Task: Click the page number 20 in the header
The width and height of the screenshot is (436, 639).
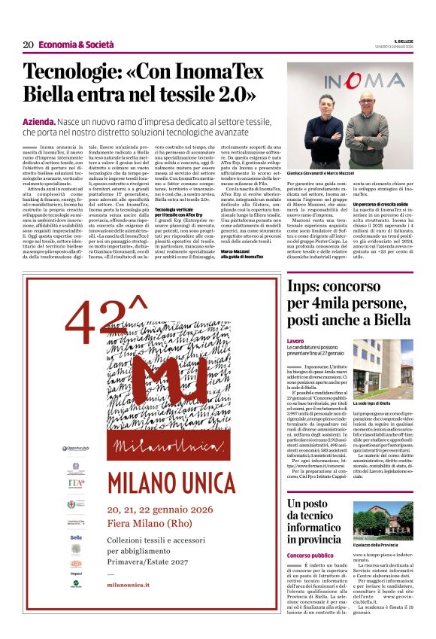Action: tap(28, 44)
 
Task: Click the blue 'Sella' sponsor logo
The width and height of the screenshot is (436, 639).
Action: tap(76, 537)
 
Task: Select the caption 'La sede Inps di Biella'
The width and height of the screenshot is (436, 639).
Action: tap(371, 403)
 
